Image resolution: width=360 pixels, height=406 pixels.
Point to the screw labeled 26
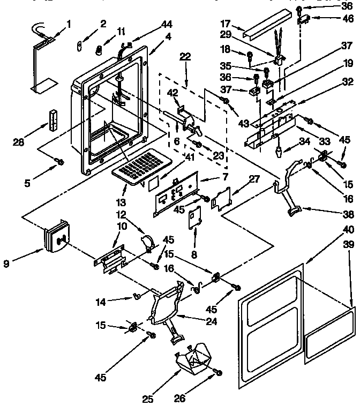pyautogui.click(x=219, y=372)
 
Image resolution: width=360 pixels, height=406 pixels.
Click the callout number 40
pyautogui.click(x=349, y=229)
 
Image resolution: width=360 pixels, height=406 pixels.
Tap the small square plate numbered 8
pyautogui.click(x=193, y=220)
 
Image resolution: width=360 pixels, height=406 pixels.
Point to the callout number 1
pyautogui.click(x=69, y=23)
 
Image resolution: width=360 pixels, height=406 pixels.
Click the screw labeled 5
pyautogui.click(x=60, y=161)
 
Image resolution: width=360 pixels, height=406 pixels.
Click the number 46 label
pyautogui.click(x=348, y=18)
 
